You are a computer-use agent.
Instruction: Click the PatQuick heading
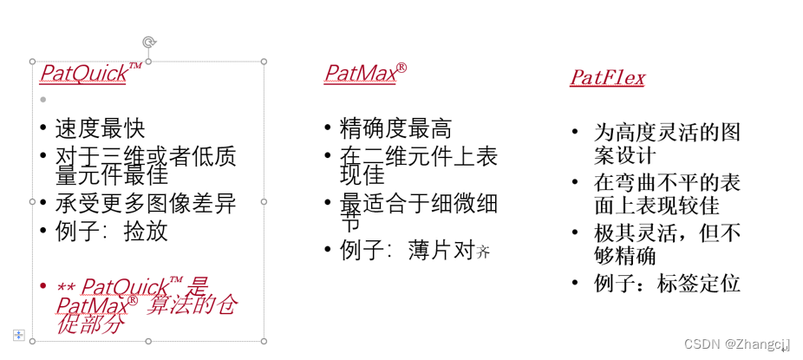click(x=83, y=74)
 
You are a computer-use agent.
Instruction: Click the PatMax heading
click(x=359, y=74)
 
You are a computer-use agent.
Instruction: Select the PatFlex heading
click(x=607, y=78)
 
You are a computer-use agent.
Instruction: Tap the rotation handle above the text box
click(x=148, y=42)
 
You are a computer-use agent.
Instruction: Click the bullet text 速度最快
click(x=100, y=128)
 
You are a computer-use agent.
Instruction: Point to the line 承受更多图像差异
click(x=146, y=204)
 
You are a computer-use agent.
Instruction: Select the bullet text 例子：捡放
click(x=111, y=231)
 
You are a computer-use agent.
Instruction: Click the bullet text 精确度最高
click(x=395, y=128)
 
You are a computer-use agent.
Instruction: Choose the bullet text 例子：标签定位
click(x=666, y=283)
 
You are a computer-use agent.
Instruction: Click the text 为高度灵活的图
click(x=666, y=133)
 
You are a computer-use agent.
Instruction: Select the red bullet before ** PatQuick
click(x=43, y=285)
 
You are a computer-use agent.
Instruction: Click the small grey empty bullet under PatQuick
click(x=43, y=99)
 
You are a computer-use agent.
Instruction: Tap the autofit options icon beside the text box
click(x=17, y=334)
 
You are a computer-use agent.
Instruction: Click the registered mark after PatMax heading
click(x=401, y=67)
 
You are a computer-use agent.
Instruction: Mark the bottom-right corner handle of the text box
click(x=264, y=341)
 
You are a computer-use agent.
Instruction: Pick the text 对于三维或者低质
click(x=146, y=156)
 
